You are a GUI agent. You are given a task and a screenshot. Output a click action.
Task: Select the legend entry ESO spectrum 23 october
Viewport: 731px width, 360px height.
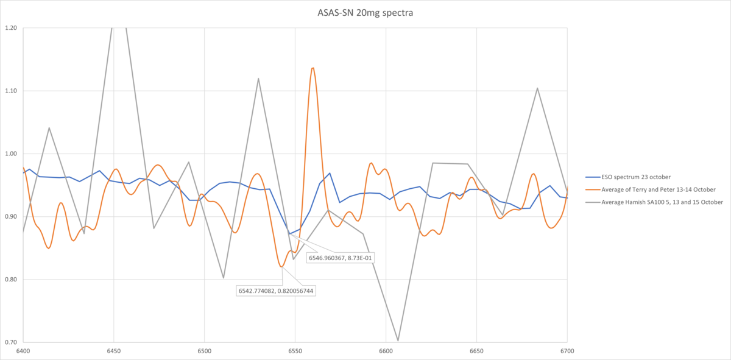628,177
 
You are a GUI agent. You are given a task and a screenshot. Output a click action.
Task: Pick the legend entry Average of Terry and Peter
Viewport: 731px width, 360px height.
646,189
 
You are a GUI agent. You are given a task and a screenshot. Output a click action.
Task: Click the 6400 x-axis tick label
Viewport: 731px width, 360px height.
23,351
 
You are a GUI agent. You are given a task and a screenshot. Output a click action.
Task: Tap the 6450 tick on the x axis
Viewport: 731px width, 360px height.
113,351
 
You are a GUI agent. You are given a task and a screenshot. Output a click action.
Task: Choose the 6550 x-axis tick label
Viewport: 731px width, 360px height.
295,351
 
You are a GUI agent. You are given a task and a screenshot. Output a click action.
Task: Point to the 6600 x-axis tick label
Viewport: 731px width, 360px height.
386,351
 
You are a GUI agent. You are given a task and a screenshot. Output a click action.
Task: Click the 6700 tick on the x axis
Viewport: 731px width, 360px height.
567,351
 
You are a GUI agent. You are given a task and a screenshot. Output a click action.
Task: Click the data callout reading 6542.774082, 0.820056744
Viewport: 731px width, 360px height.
277,291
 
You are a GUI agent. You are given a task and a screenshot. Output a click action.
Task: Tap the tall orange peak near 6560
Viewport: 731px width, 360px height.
313,68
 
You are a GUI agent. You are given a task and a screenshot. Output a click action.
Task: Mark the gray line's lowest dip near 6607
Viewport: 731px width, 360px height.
398,341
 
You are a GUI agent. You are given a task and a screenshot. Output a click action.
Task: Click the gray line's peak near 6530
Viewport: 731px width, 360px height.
258,78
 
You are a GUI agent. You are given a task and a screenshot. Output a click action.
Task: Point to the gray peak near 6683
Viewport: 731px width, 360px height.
537,88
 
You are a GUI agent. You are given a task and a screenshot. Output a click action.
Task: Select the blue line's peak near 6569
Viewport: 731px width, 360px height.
330,173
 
